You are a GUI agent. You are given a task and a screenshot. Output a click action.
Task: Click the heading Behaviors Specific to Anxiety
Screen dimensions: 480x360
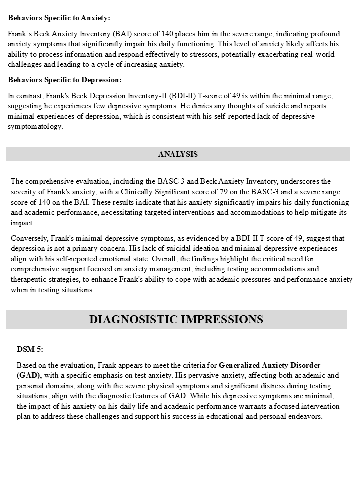[x=59, y=18]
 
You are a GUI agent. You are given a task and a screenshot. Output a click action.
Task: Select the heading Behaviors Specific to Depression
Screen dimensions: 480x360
[x=64, y=80]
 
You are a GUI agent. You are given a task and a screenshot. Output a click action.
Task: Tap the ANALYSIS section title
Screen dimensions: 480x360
[x=178, y=154]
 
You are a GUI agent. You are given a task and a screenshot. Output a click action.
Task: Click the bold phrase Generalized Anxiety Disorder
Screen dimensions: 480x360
[x=270, y=365]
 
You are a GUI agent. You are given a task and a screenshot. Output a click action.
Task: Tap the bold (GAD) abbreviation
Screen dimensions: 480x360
[x=29, y=375]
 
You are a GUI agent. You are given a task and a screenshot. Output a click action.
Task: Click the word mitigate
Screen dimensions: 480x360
[x=313, y=213]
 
